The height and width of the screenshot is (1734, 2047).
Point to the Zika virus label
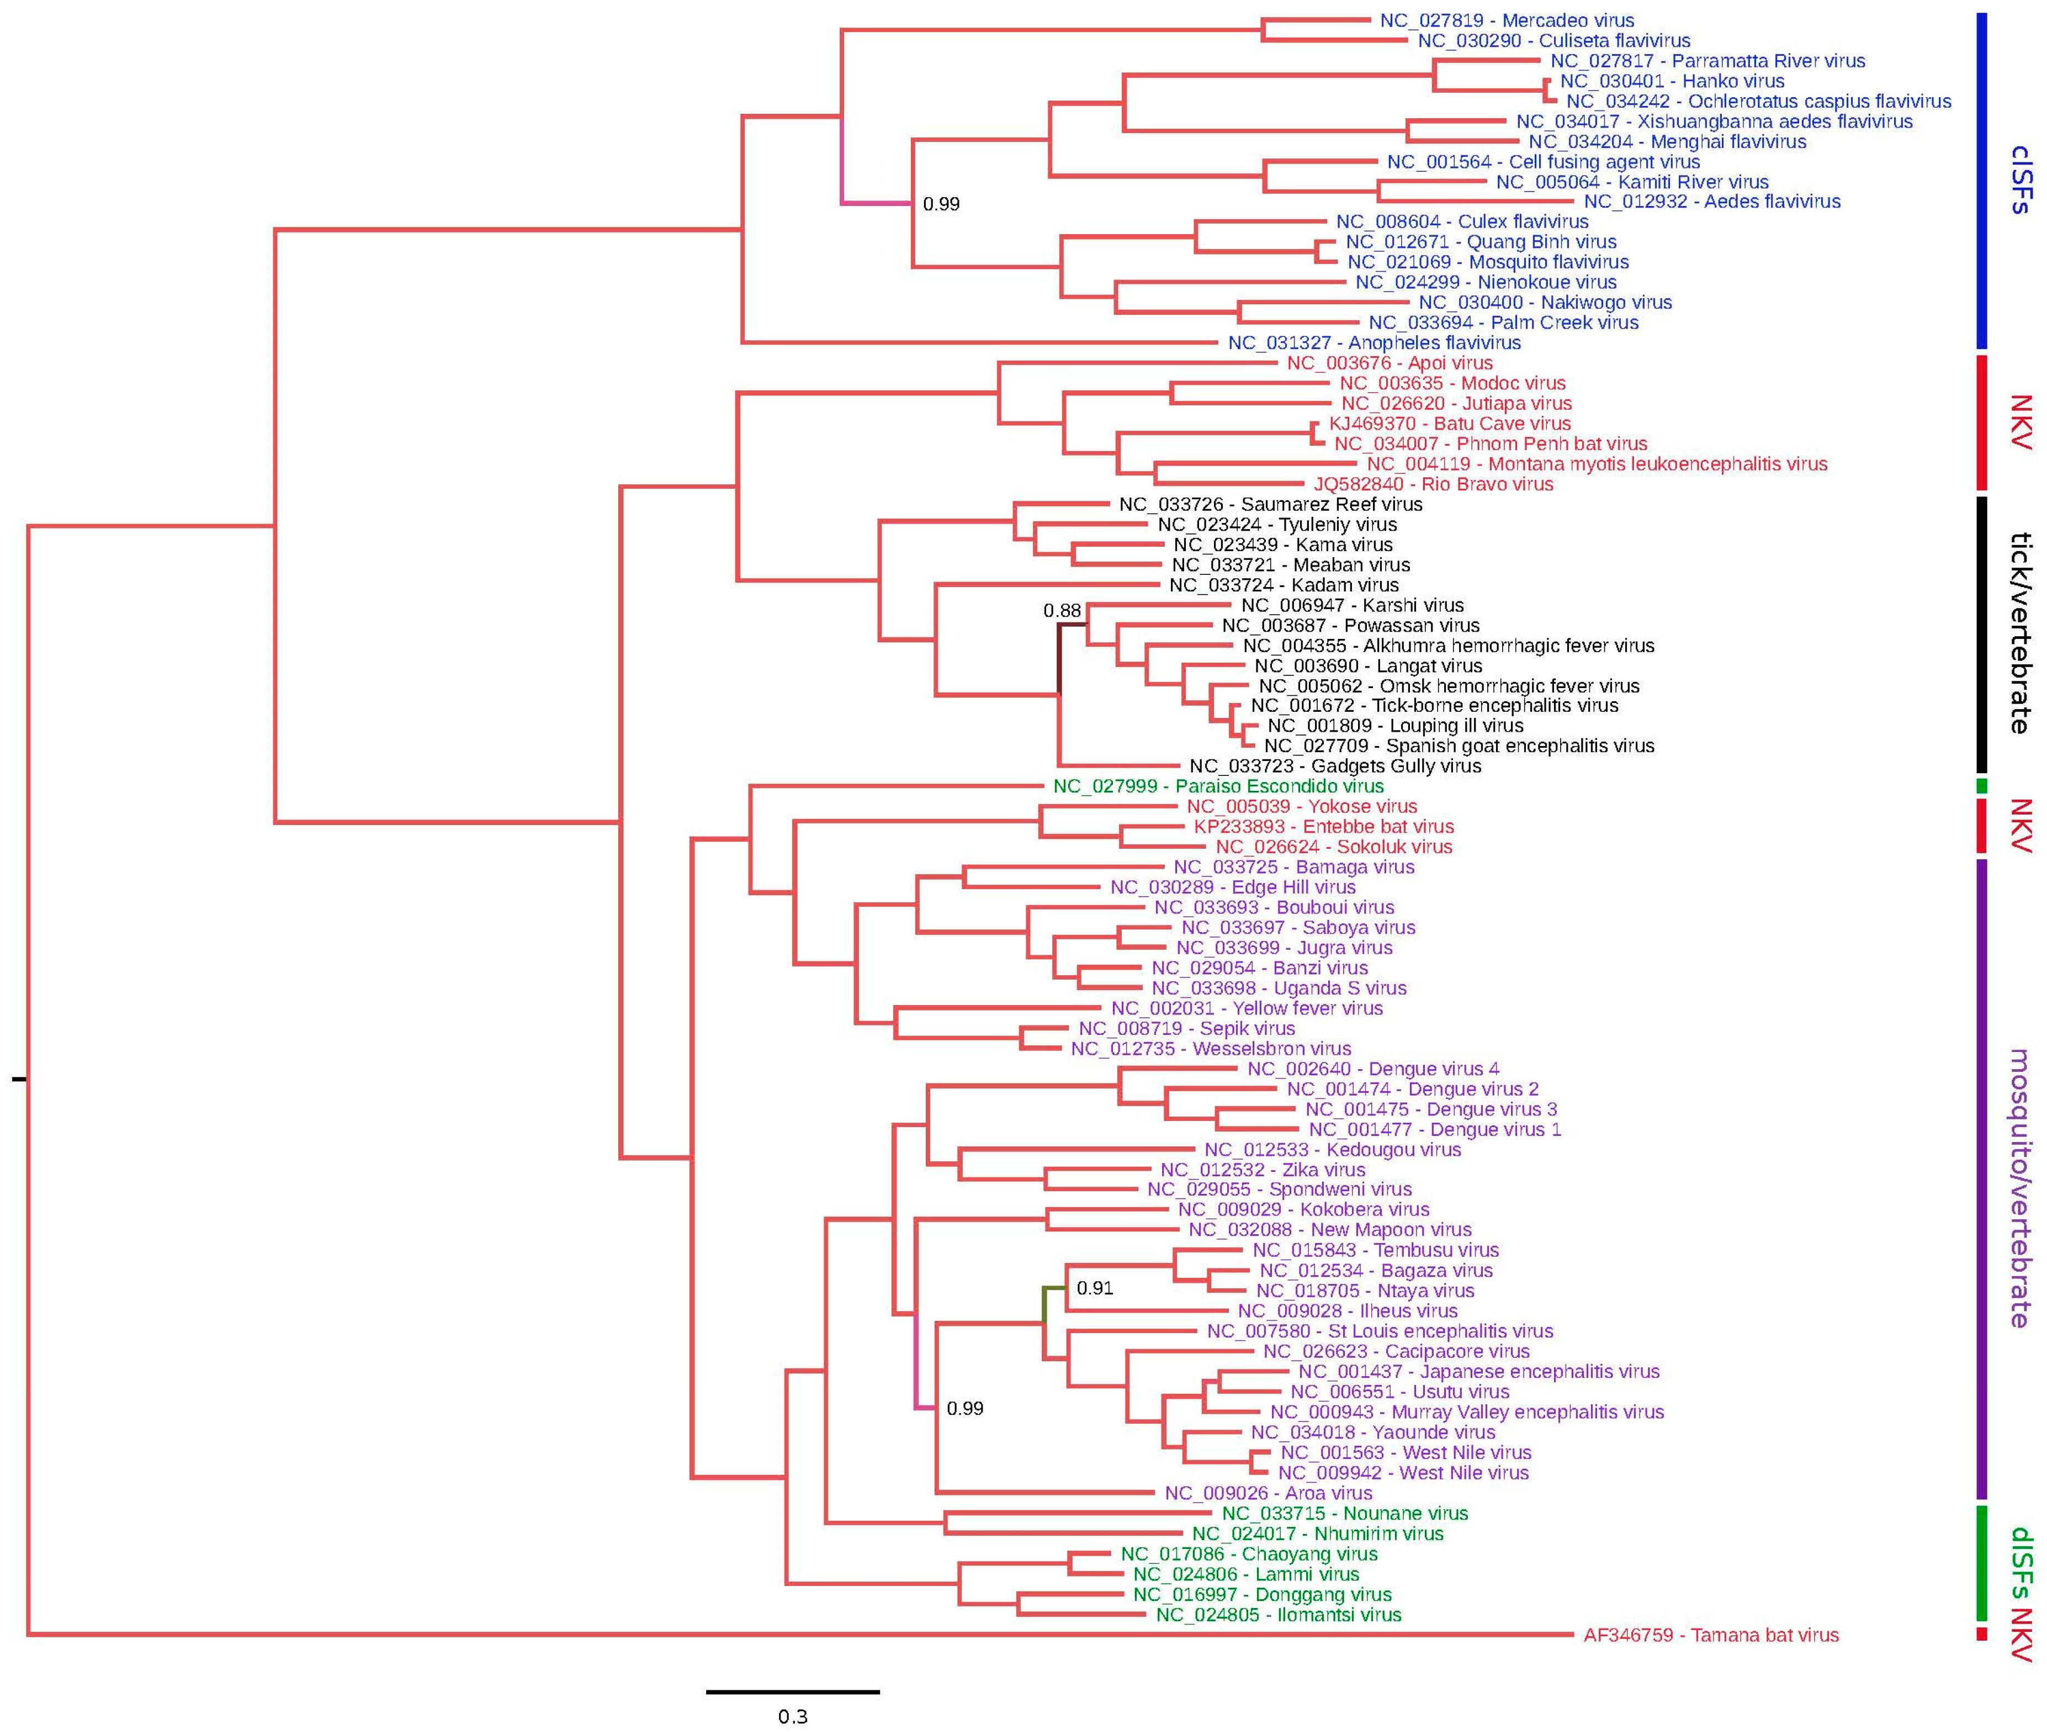(1262, 1170)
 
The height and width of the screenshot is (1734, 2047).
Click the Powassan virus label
(1350, 625)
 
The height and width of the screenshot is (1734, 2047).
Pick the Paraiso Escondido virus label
(1218, 786)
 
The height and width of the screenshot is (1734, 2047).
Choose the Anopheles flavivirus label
(1374, 343)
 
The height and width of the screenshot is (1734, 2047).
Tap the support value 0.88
(1062, 610)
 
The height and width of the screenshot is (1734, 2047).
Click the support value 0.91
(1095, 1288)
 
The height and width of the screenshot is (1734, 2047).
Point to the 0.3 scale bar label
(792, 1716)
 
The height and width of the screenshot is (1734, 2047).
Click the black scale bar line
(792, 1691)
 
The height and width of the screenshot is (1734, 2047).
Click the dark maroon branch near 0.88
(1059, 659)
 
